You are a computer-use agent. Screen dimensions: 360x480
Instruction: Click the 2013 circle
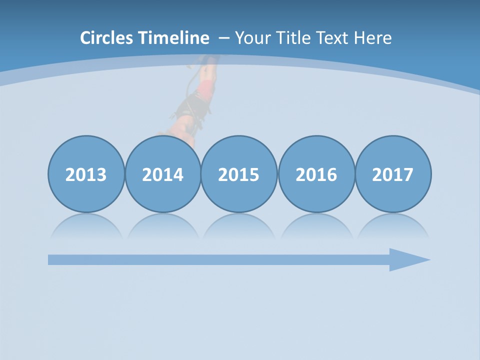click(x=86, y=174)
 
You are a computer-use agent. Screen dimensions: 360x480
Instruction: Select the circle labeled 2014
click(x=162, y=174)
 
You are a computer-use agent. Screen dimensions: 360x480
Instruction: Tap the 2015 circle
click(x=239, y=174)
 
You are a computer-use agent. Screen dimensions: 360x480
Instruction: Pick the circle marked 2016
click(x=316, y=174)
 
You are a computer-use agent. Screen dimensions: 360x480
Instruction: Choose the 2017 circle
click(x=393, y=174)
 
